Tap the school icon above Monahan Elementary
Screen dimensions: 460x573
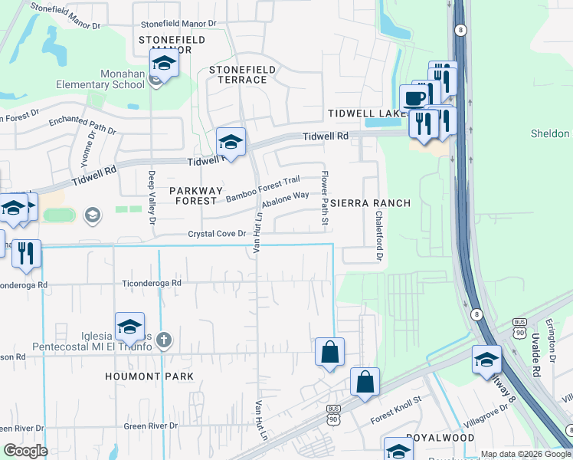pos(163,63)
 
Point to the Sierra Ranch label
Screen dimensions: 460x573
pos(371,203)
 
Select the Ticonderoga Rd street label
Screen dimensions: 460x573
pos(152,283)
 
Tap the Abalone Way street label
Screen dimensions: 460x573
pos(285,199)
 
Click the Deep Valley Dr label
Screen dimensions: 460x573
pos(152,197)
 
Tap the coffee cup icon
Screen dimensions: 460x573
pos(414,98)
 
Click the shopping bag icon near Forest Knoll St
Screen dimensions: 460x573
pos(365,382)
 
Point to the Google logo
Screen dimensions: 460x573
pos(25,451)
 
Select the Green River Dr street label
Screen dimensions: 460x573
pos(151,426)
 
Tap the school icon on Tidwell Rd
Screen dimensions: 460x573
pos(231,141)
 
